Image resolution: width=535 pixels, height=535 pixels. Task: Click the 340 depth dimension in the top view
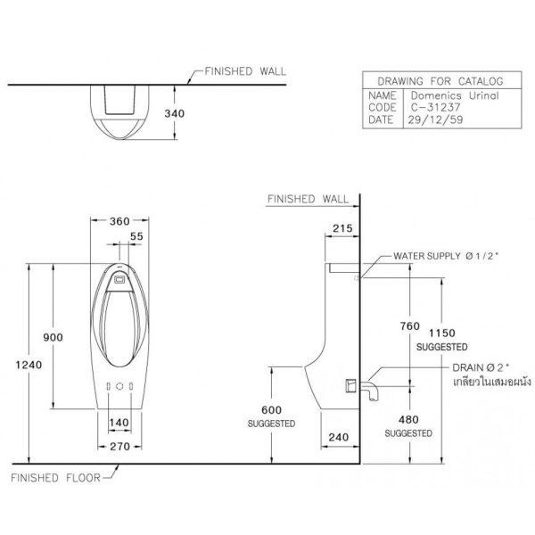175,113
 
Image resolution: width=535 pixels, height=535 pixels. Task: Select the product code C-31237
436,108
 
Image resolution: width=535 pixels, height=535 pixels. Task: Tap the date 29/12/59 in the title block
435,119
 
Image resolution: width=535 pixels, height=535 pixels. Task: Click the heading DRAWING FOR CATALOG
440,81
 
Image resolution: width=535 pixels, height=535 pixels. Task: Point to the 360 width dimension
119,221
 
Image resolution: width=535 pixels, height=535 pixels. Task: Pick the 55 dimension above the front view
136,236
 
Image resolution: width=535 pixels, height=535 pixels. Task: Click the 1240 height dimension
29,365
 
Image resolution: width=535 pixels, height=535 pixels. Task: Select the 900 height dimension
53,337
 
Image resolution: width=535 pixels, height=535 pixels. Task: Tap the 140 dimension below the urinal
119,423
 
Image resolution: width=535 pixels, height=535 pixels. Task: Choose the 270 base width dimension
120,447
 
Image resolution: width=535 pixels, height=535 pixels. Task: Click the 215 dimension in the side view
342,228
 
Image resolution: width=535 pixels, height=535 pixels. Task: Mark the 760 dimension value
410,326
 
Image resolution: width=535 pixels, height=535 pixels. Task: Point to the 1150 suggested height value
442,333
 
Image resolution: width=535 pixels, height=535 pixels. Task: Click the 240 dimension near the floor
339,437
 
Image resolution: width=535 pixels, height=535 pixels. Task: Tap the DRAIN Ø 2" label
481,367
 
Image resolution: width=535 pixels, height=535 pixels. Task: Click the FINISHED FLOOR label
55,478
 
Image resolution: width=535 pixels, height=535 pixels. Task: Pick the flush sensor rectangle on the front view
119,280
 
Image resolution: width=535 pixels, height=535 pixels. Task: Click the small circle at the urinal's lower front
119,386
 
